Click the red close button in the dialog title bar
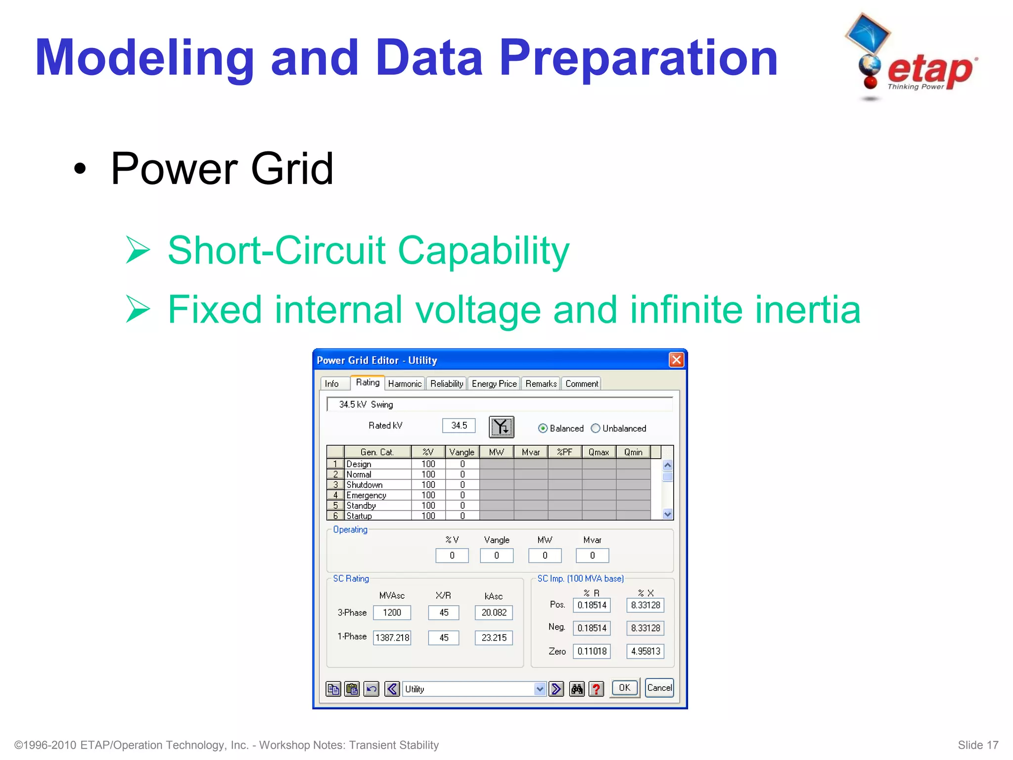676,360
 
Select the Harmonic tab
405,383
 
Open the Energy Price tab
494,383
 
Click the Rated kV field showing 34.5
459,426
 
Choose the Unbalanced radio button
596,428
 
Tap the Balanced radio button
543,428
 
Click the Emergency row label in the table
367,495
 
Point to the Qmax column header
599,452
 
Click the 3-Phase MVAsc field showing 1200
392,613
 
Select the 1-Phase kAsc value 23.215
494,638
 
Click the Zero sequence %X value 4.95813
645,651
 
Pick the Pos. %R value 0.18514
592,605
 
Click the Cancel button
659,688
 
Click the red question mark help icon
597,689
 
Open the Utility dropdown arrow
540,689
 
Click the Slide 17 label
977,745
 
